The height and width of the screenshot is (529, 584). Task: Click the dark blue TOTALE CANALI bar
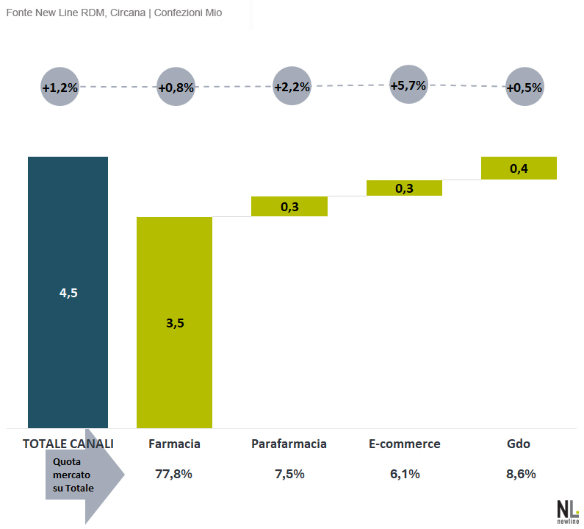coord(68,292)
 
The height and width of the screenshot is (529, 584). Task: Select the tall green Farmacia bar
coord(174,322)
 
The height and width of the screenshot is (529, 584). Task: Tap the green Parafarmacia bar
coord(289,206)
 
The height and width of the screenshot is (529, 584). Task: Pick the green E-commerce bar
coord(404,188)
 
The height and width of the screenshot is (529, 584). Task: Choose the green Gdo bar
coord(519,168)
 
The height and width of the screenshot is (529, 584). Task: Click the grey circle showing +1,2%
coord(60,87)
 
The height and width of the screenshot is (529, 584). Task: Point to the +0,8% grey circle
coord(176,87)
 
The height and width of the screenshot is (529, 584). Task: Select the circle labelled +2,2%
coord(292,86)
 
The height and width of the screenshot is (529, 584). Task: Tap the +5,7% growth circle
coord(408,85)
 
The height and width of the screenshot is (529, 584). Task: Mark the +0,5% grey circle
coord(524,87)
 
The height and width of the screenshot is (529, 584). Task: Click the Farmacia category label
coord(174,444)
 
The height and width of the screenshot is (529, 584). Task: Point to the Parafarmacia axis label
coord(289,444)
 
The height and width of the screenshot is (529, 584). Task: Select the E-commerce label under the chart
coord(405,444)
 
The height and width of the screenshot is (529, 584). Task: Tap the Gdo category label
coord(519,444)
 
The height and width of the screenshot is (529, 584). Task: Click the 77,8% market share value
coord(173,474)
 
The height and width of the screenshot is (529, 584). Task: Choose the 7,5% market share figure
coord(289,474)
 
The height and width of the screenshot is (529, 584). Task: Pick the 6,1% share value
coord(405,474)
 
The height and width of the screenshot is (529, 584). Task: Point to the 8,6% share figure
coord(521,474)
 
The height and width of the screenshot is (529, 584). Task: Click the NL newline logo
coord(568,512)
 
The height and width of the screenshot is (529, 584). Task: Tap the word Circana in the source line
coord(128,13)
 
